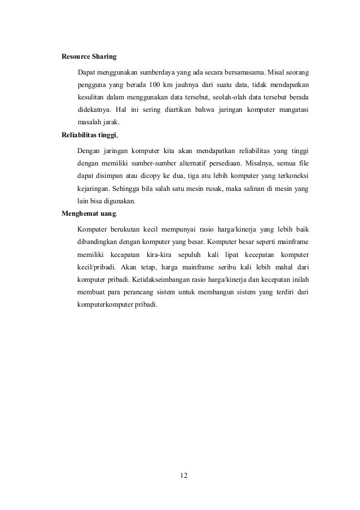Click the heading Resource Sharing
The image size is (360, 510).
[89, 56]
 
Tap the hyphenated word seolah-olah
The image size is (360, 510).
[239, 97]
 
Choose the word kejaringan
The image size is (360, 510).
[92, 189]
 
